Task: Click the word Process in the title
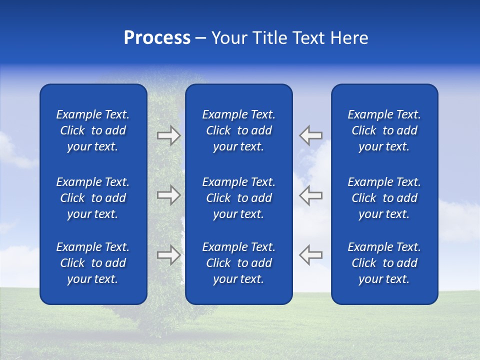pos(157,38)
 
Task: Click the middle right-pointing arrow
pos(168,195)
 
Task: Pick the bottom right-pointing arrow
pos(168,254)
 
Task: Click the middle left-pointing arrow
pos(311,195)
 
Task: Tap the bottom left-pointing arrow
pos(311,254)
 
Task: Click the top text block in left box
pos(93,130)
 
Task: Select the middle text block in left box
pos(93,198)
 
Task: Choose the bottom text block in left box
pos(93,263)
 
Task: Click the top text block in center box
pos(238,130)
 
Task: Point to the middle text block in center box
pos(238,198)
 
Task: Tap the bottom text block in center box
pos(238,263)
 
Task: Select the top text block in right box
pos(384,130)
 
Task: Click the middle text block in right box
pos(384,198)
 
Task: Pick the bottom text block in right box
pos(384,263)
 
